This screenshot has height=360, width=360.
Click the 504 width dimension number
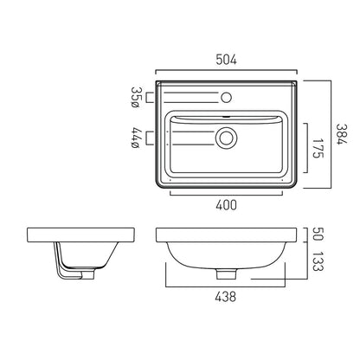point(226,60)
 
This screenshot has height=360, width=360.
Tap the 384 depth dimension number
point(342,134)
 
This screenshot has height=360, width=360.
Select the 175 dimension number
point(318,148)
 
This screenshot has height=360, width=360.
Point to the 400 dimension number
point(226,205)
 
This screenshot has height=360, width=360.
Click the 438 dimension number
point(225,297)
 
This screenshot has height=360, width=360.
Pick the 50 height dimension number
point(318,235)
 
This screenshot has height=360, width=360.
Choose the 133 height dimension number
point(318,261)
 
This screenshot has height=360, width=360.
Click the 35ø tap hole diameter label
point(135,98)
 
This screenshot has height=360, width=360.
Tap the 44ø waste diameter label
point(135,138)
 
